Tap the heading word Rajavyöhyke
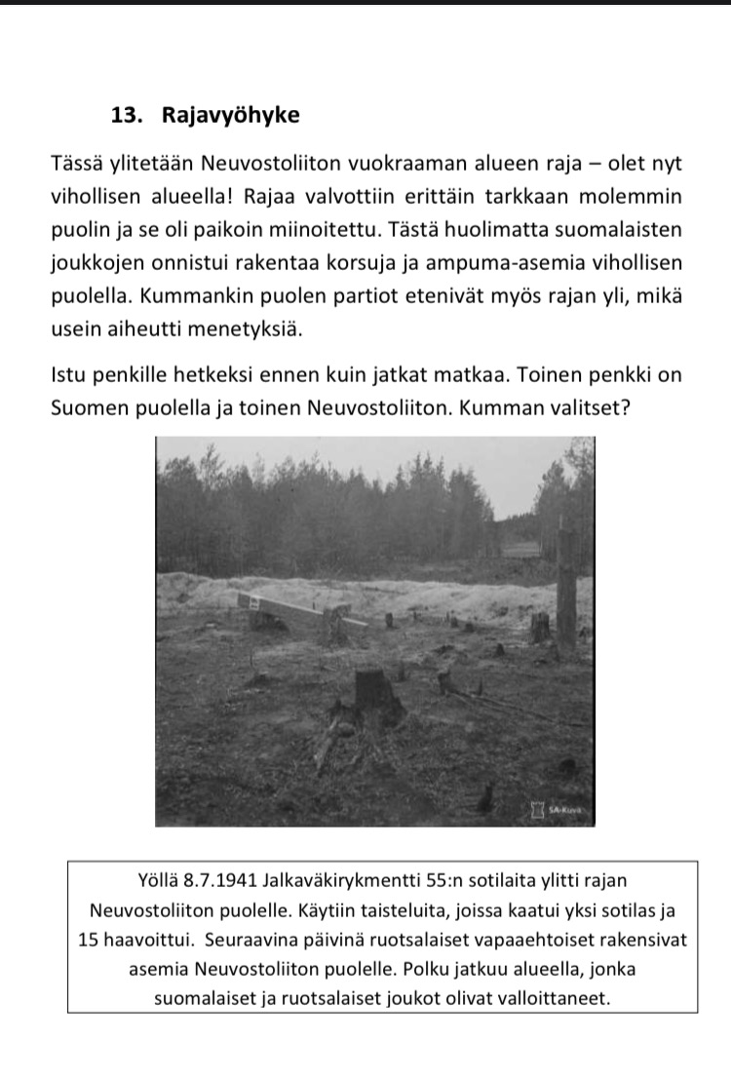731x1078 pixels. pyautogui.click(x=230, y=116)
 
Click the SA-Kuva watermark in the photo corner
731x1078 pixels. pyautogui.click(x=559, y=809)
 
